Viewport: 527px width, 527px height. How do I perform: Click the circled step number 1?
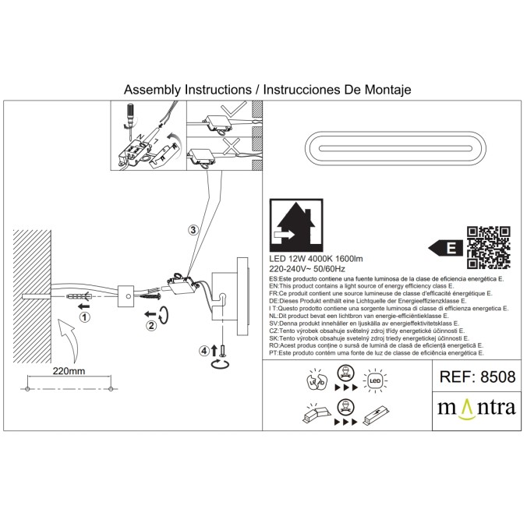click(x=85, y=317)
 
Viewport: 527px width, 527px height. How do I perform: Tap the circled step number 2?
click(x=151, y=325)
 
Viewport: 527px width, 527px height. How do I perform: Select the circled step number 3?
click(x=193, y=230)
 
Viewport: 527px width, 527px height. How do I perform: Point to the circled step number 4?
click(x=204, y=351)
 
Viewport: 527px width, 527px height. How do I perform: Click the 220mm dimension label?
click(x=69, y=371)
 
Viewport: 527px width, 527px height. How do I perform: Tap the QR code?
click(x=489, y=248)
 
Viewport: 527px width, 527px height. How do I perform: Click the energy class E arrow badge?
click(x=446, y=249)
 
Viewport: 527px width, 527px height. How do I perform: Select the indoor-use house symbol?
click(x=296, y=225)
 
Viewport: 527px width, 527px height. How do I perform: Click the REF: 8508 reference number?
click(x=477, y=377)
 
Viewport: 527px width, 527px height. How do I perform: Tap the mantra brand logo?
click(x=476, y=409)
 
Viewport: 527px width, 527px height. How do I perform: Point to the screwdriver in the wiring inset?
click(x=130, y=122)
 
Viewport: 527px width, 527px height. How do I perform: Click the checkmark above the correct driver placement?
click(x=233, y=110)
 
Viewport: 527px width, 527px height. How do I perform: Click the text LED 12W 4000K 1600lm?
click(x=316, y=259)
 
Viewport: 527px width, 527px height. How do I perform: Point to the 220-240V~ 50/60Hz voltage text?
click(x=307, y=269)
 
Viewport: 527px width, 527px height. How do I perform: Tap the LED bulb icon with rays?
click(x=375, y=381)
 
